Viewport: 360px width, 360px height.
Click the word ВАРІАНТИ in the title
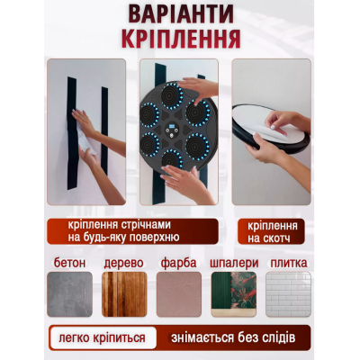[x=180, y=16]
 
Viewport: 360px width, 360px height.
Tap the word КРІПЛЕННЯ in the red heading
[x=180, y=40]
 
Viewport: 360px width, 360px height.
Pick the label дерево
[x=126, y=263]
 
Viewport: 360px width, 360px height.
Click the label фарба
[x=179, y=263]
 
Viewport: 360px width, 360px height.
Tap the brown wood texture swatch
[x=126, y=295]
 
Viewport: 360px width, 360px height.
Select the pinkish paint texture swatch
[x=179, y=295]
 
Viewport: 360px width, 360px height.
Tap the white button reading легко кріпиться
[x=103, y=338]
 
